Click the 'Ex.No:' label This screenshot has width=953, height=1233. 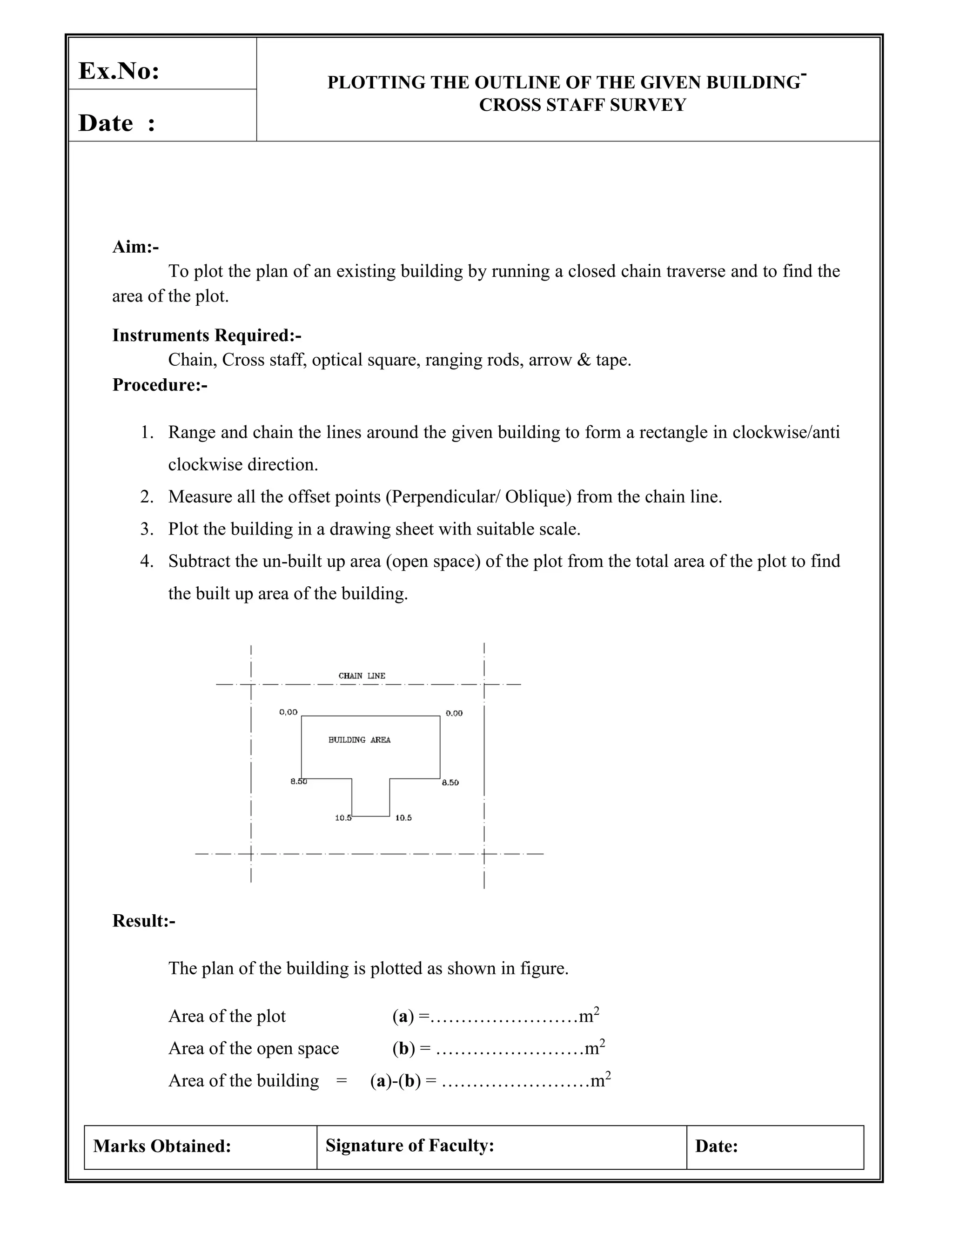[119, 71]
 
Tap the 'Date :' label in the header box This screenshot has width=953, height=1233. [116, 123]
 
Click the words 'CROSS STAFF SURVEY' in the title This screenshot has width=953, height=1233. [582, 105]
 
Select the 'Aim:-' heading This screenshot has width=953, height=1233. [135, 247]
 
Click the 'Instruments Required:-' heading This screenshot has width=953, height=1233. [207, 335]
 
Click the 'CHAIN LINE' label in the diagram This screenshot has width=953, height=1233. [362, 676]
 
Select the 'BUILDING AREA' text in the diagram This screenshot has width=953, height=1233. [359, 740]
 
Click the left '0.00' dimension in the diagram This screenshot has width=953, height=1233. [288, 712]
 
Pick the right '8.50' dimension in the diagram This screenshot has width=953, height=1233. [450, 783]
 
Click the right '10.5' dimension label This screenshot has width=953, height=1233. [403, 818]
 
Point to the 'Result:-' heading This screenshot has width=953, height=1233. [143, 921]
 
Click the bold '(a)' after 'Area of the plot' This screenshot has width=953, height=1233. [403, 1016]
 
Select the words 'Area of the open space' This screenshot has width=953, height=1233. [254, 1048]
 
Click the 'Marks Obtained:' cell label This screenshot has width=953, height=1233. [162, 1146]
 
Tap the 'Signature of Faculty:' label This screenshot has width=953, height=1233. [409, 1146]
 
